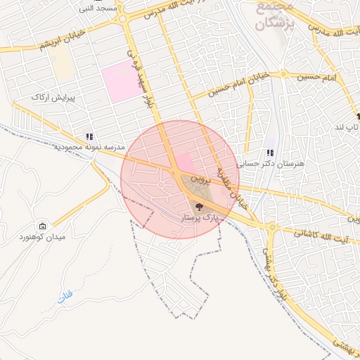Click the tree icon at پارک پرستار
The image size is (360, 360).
click(x=199, y=207)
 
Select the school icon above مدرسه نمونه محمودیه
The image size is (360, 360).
click(x=89, y=136)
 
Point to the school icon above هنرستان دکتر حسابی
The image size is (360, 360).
click(x=270, y=153)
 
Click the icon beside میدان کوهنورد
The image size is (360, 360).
click(x=44, y=226)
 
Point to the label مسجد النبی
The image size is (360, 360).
click(x=98, y=8)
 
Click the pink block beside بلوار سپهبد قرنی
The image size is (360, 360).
click(x=122, y=83)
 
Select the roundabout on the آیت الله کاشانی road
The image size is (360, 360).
click(x=272, y=227)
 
